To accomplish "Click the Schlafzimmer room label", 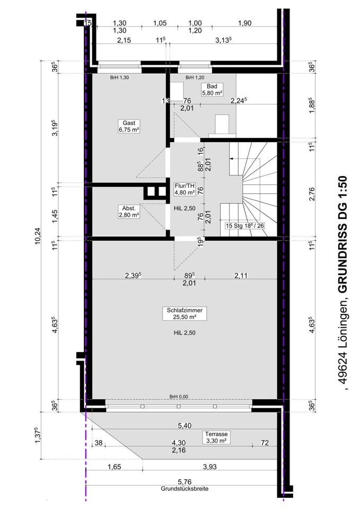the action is (x=185, y=313).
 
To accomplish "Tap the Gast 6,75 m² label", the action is (x=129, y=126).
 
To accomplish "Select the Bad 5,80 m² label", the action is (x=212, y=89).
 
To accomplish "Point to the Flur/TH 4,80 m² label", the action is (x=185, y=189).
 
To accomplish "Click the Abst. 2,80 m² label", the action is (x=129, y=212).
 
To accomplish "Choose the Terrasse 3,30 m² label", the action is (x=216, y=437).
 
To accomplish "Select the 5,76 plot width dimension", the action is (x=185, y=482).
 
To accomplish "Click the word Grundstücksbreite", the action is (x=185, y=488).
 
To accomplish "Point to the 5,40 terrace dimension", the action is (x=185, y=426).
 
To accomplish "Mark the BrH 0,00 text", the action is (x=179, y=397).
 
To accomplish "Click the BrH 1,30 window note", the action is (x=119, y=78).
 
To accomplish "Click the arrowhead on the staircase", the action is (x=231, y=159).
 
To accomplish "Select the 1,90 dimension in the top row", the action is (x=245, y=23).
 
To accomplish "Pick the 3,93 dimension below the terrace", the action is (x=209, y=467).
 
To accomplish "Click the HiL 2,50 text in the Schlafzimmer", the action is (x=185, y=333).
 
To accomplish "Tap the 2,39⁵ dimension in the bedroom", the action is (x=133, y=276).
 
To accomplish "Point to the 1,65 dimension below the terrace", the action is (x=115, y=467).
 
